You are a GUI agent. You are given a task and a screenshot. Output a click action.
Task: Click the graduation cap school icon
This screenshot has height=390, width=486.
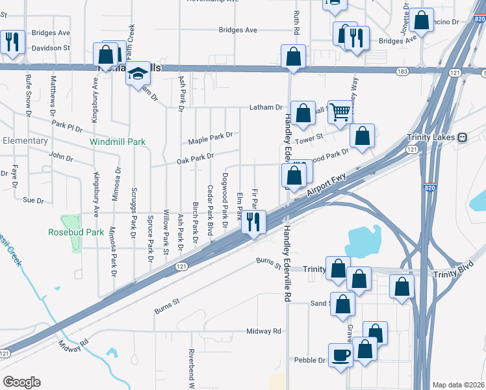coord(138,76)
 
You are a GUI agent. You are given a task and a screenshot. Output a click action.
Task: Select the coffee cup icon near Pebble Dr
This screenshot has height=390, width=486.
coord(340,356)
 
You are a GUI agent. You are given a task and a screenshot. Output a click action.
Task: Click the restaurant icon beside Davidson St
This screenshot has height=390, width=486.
coord(12,42)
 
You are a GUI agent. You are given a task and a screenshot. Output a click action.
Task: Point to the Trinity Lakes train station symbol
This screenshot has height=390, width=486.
coord(462,137)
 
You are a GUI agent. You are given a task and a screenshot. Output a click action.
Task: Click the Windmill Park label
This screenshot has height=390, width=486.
coord(118,141)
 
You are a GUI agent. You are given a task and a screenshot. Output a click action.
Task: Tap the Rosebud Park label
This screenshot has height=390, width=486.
coord(75,231)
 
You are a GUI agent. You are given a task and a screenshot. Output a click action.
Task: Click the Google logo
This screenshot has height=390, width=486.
coord(21,382)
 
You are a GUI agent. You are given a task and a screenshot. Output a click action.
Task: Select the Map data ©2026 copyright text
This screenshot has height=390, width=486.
coord(457,385)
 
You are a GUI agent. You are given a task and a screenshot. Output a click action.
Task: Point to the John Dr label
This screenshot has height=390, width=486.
coord(61,157)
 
